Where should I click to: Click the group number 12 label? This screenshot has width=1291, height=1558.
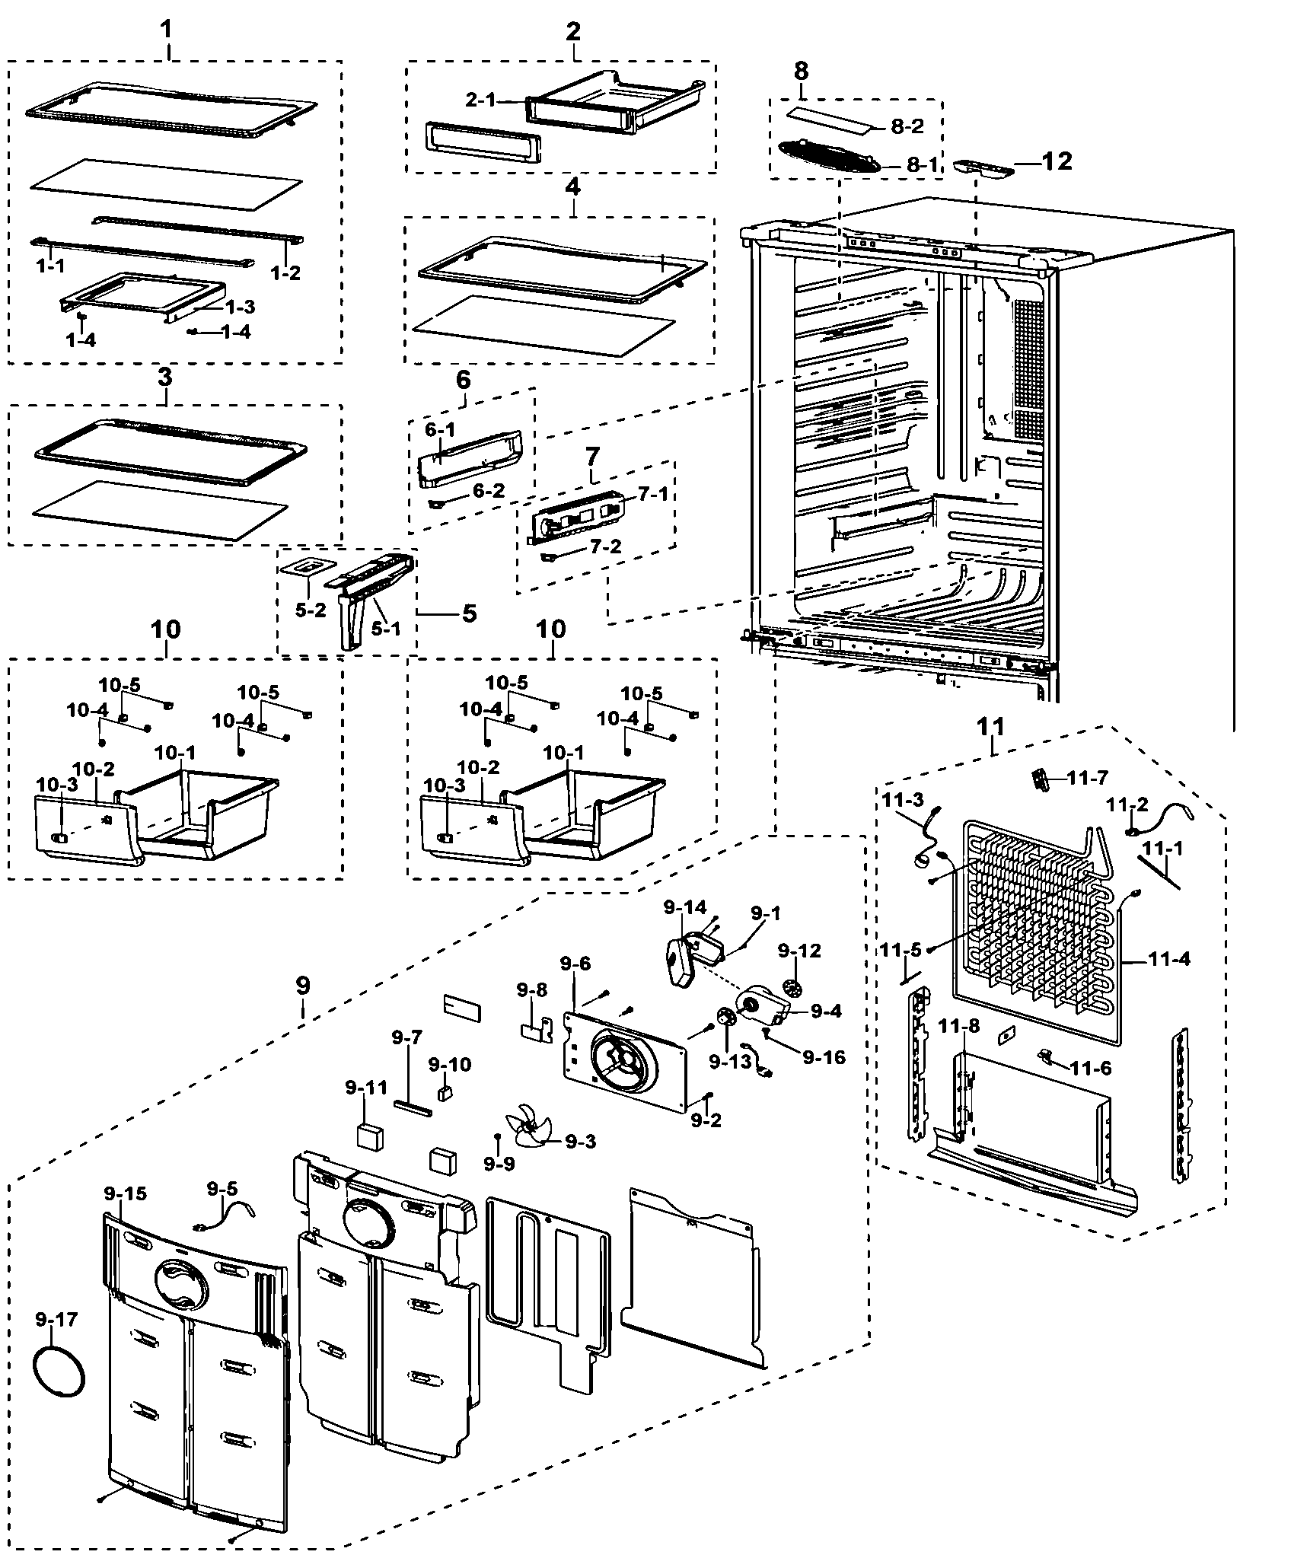coord(1057,161)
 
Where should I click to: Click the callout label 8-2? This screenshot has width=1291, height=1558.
coord(907,126)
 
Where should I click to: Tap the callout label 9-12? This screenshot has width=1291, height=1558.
coord(799,951)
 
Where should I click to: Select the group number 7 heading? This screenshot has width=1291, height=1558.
coord(591,457)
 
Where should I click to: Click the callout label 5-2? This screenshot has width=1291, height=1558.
coord(310,610)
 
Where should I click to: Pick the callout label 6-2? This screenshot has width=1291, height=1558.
coord(488,492)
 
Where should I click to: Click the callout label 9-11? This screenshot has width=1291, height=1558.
coord(366,1088)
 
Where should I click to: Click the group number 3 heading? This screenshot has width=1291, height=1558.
coord(165,377)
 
